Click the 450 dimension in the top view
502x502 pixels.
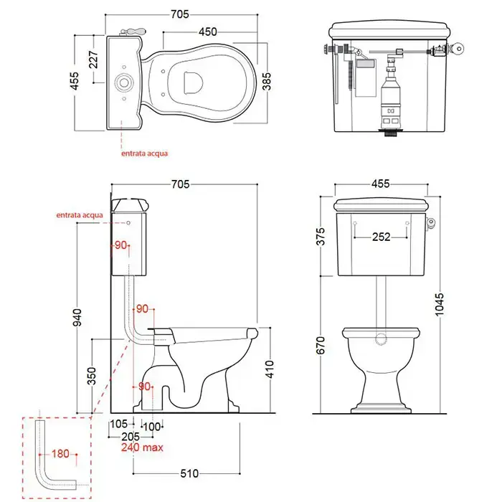coord(207,32)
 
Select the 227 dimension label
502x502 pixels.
coord(93,60)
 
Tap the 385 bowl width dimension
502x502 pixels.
coord(266,82)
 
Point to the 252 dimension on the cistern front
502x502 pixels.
coord(381,237)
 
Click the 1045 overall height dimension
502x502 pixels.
coord(439,304)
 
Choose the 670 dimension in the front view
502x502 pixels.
coord(320,346)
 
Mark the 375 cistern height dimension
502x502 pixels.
coord(320,236)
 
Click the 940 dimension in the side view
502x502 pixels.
coord(77,317)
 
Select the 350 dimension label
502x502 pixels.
coord(92,376)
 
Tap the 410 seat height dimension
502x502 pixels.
coord(270,369)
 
